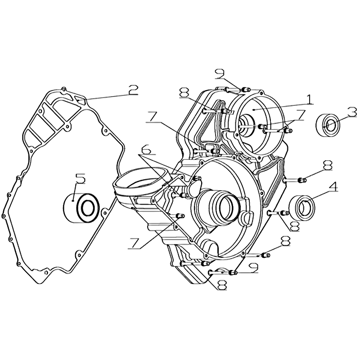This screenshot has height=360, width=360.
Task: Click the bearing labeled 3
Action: (328, 125)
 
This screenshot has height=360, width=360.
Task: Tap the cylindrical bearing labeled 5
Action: (81, 208)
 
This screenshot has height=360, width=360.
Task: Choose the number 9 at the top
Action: (220, 75)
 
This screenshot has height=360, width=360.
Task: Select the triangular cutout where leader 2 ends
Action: (81, 99)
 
